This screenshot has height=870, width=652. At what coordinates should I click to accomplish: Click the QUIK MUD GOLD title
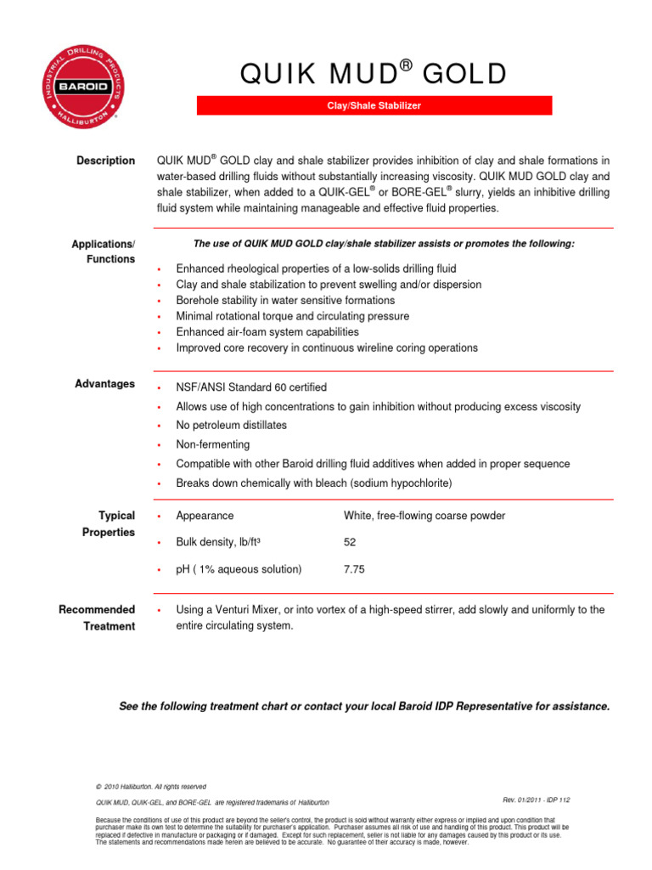(x=374, y=76)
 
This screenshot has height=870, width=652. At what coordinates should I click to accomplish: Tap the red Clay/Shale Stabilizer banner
(x=374, y=106)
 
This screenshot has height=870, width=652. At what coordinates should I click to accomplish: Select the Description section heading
(x=105, y=161)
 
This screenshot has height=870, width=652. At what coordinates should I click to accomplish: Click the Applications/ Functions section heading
(x=104, y=251)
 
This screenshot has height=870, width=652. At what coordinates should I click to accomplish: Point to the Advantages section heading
(x=104, y=384)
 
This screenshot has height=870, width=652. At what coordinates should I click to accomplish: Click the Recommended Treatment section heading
(x=97, y=618)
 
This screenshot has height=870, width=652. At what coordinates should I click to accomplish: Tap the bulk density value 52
(x=351, y=542)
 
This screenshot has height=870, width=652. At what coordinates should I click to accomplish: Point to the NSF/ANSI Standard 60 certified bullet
(x=250, y=387)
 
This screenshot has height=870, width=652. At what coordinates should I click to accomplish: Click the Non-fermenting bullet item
(x=212, y=444)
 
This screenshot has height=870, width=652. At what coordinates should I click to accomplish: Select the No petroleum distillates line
(x=231, y=425)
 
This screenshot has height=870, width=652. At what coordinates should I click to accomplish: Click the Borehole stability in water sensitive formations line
(x=284, y=301)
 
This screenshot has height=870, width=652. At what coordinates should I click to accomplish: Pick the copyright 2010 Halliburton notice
(x=151, y=787)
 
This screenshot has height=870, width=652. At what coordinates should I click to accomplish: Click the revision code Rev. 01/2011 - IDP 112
(x=536, y=800)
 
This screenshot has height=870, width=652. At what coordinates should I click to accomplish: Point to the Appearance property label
(x=205, y=516)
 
